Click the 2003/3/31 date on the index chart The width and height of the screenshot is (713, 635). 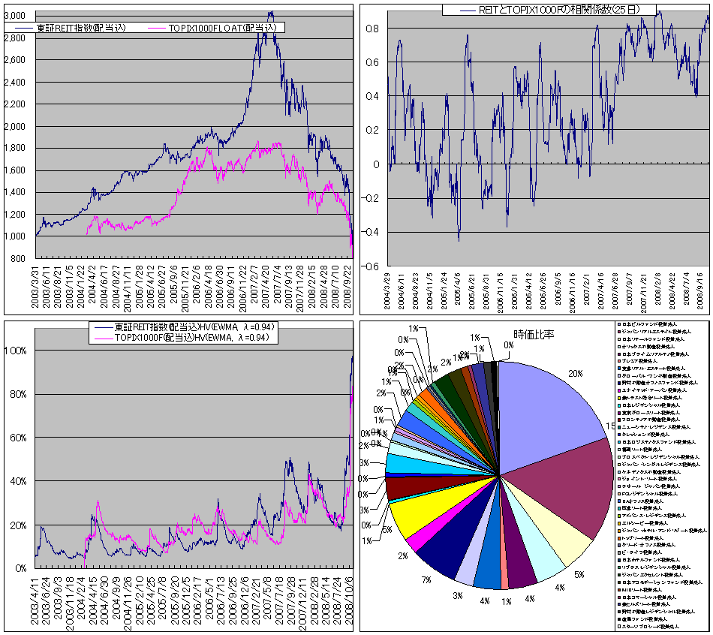point(36,282)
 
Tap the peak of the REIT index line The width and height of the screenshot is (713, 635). point(270,13)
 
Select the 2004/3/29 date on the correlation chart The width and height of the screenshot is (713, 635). point(388,290)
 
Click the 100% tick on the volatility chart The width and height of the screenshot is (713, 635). point(17,351)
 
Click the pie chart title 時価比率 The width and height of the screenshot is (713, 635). point(535,333)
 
